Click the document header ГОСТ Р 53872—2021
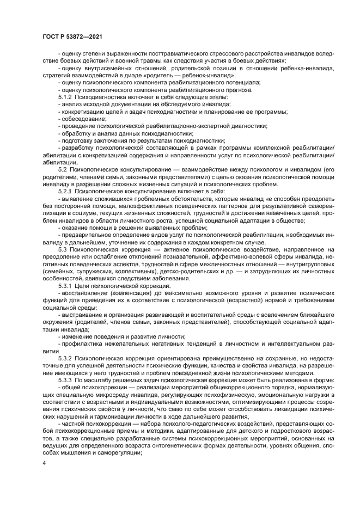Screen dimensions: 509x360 73,36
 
